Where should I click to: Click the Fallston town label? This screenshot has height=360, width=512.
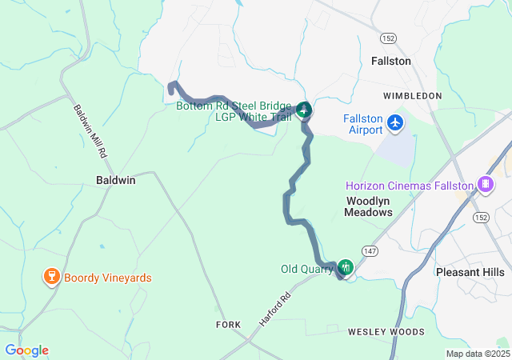pos(391,61)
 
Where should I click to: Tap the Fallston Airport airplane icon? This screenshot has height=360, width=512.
pos(395,123)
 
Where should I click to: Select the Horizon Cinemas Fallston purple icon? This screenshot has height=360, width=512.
pos(485,185)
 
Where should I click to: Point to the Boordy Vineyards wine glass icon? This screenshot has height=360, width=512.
pos(52,278)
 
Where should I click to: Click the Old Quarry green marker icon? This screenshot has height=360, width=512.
pos(346,266)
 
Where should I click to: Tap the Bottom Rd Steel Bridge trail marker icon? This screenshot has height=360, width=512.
pos(304,110)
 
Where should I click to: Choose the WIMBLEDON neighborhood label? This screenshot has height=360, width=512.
pos(412,96)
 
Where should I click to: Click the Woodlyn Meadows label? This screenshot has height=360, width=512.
pos(368,206)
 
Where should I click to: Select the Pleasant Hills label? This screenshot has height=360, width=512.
pos(470,272)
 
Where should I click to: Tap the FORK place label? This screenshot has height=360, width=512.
pos(228,325)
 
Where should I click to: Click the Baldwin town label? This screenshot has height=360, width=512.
pos(116,180)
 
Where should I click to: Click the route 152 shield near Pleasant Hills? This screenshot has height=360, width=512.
pos(481,217)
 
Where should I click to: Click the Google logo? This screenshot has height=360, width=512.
pos(26,350)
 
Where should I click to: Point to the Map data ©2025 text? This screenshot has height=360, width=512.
pos(477,354)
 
